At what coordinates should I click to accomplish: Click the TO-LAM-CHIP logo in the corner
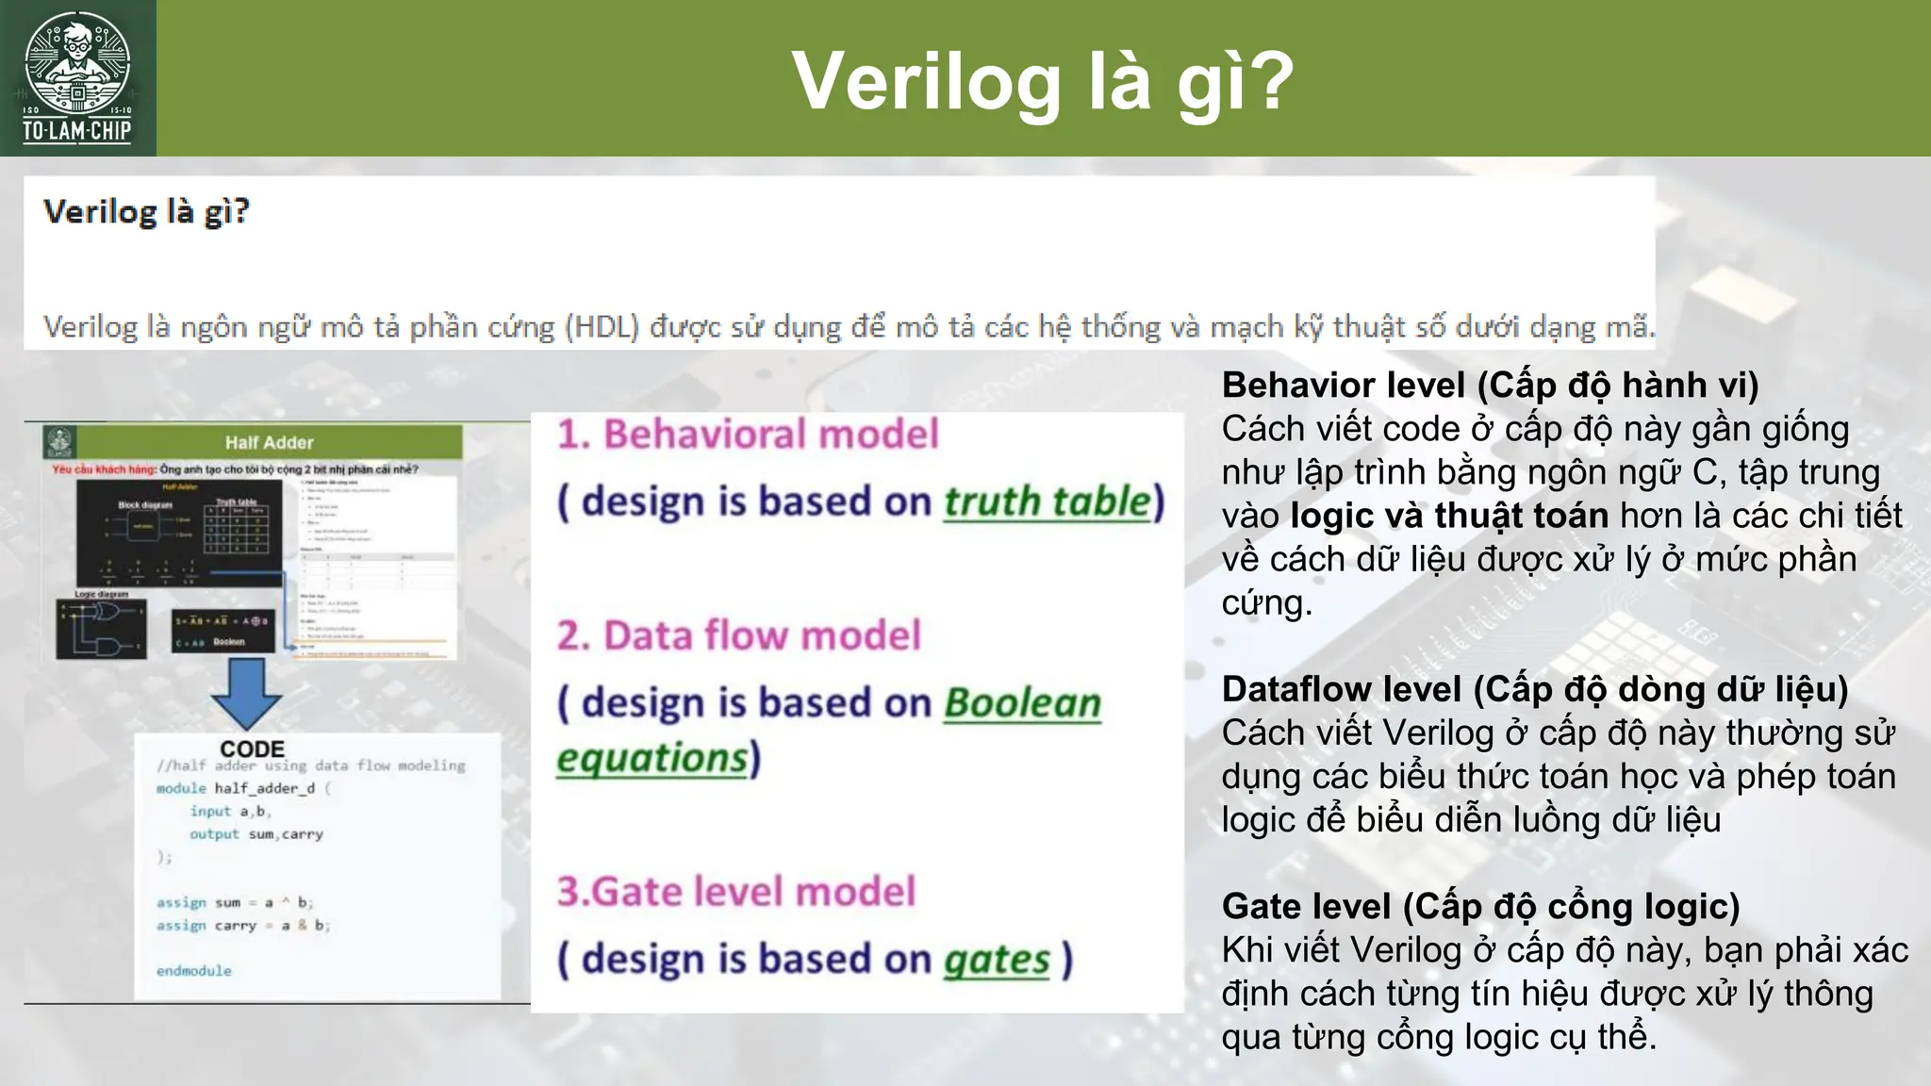tap(77, 78)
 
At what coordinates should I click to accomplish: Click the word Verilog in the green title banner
tap(927, 81)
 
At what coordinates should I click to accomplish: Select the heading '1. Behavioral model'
tap(748, 435)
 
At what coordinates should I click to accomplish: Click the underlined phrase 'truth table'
tap(1048, 502)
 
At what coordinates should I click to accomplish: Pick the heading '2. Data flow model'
tap(738, 635)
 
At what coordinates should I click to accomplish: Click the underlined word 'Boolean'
tap(1022, 703)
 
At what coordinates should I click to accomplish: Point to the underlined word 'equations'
tap(652, 758)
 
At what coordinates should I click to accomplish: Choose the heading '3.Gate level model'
tap(735, 891)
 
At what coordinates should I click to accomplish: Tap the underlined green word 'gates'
tap(997, 960)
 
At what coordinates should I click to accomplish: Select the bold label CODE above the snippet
tap(252, 749)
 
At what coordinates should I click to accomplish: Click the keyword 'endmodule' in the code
tap(193, 970)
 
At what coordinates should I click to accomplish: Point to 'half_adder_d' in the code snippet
tap(264, 788)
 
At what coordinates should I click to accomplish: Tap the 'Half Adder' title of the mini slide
tap(269, 442)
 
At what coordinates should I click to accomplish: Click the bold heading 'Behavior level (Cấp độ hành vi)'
tap(1490, 386)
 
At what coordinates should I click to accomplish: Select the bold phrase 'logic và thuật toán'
tap(1449, 516)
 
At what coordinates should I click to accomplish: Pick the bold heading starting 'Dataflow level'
tap(1534, 689)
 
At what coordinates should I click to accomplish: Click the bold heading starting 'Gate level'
tap(1480, 906)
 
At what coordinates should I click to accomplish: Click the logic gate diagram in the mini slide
tap(102, 628)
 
